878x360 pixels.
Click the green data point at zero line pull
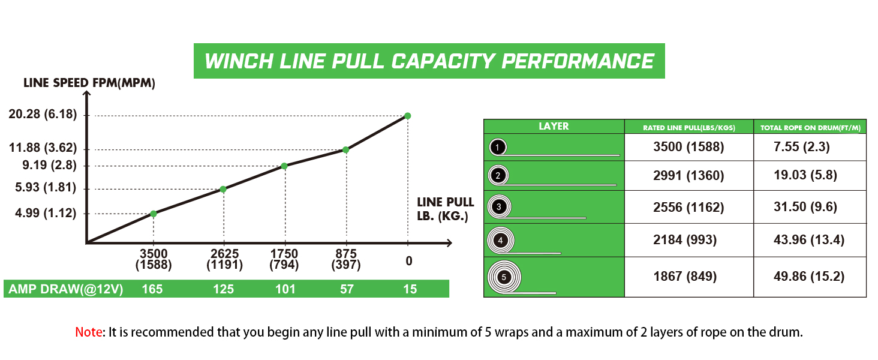408,116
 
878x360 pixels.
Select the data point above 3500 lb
154,214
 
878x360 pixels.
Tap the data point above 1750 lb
284,166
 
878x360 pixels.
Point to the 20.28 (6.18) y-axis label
43,115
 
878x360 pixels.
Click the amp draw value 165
153,289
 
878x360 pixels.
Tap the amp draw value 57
346,289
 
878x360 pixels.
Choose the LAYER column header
554,126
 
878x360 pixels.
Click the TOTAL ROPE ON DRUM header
810,127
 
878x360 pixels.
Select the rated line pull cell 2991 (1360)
688,176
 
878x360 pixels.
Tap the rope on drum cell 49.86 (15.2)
810,277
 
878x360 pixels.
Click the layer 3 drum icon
500,207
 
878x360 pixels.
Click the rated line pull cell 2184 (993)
688,241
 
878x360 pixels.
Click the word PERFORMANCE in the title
577,61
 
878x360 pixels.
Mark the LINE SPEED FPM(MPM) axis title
89,83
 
